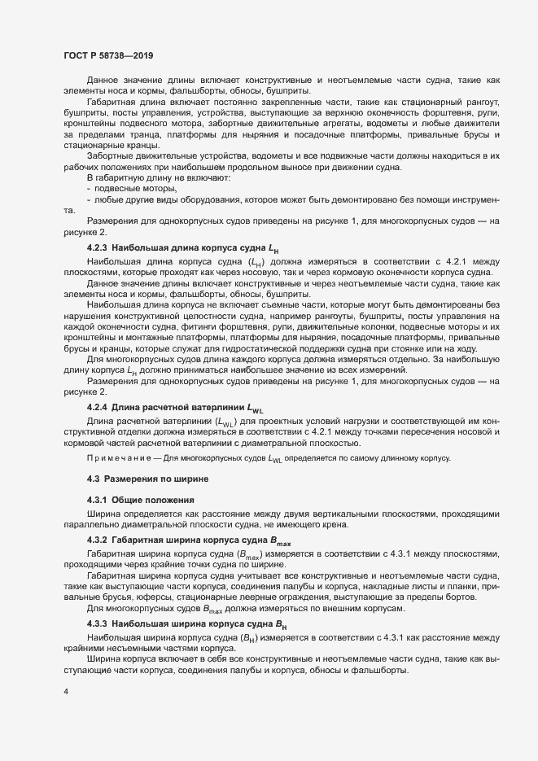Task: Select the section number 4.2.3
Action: pos(98,247)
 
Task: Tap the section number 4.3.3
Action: pos(98,624)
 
